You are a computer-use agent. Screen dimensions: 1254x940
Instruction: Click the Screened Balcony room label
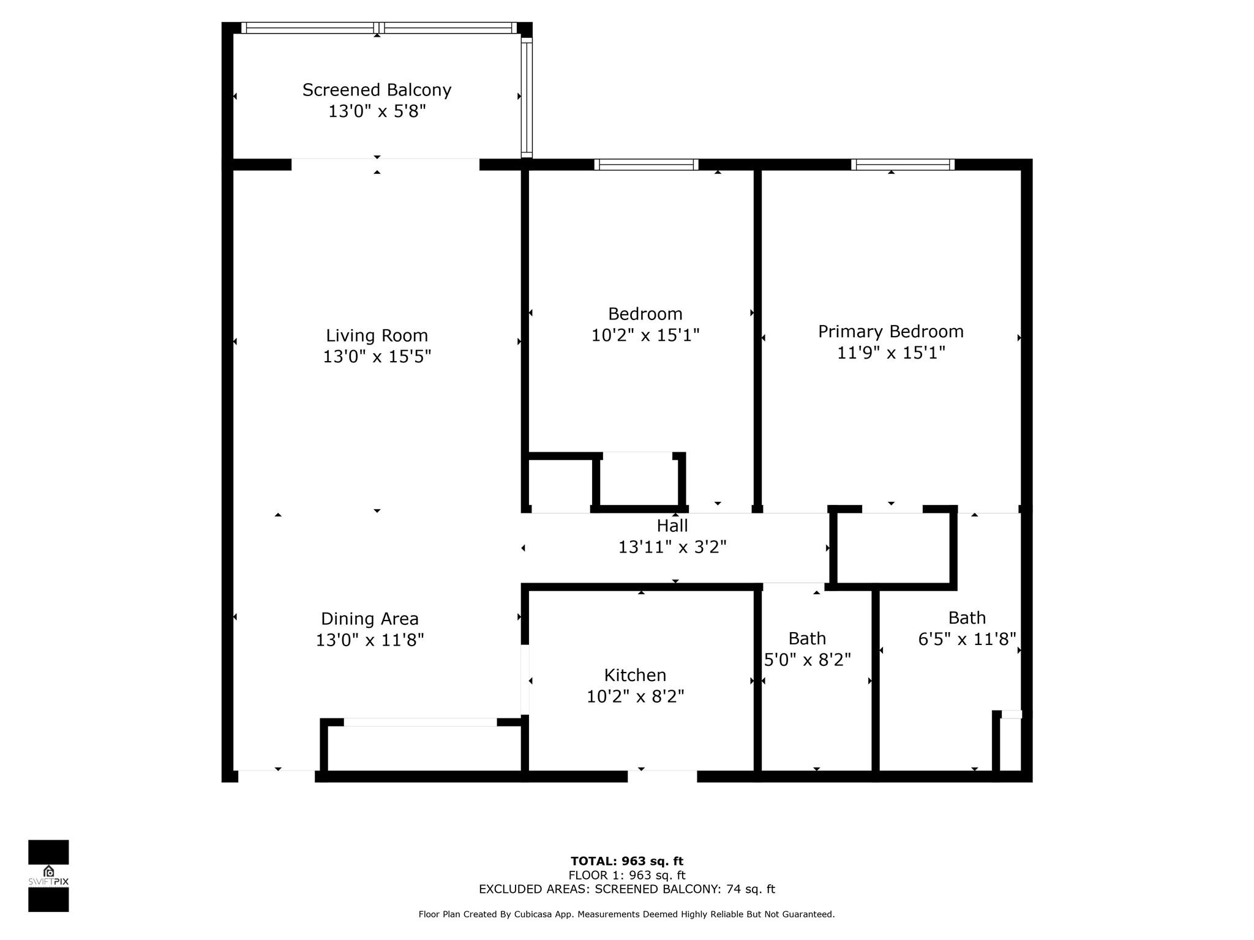click(x=377, y=90)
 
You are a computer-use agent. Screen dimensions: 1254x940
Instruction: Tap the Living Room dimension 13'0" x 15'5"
click(x=377, y=356)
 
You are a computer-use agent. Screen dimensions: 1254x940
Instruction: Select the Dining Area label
click(x=370, y=619)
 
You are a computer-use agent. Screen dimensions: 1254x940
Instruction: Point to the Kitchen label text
click(x=635, y=675)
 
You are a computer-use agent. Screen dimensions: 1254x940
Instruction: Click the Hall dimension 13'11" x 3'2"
click(x=672, y=546)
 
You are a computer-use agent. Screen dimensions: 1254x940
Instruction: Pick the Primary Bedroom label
click(x=891, y=332)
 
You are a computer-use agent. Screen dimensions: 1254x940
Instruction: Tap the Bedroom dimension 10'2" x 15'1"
click(x=645, y=335)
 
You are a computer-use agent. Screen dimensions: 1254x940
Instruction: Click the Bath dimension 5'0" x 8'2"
click(x=808, y=660)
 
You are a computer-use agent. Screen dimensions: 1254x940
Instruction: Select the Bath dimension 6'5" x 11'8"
click(x=967, y=639)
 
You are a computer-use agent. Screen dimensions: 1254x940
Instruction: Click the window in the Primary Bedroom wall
click(x=903, y=165)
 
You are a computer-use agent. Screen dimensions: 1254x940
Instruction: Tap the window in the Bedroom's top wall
click(x=646, y=165)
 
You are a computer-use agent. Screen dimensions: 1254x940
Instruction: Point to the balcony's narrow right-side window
click(x=527, y=98)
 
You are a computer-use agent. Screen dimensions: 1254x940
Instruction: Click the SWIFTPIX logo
click(x=48, y=876)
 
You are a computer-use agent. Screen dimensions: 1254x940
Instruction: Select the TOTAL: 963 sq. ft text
click(x=627, y=862)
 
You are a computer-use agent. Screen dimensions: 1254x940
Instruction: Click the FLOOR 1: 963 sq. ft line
click(x=627, y=875)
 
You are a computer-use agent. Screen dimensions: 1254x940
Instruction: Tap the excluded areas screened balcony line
click(x=627, y=889)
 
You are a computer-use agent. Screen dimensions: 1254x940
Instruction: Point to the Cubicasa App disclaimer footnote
click(x=627, y=914)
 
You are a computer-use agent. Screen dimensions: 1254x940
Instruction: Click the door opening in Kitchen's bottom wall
click(x=663, y=776)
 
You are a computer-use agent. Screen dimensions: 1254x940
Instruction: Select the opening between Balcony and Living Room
click(x=385, y=165)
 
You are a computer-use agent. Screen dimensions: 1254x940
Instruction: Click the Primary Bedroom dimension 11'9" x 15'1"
click(x=892, y=353)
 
